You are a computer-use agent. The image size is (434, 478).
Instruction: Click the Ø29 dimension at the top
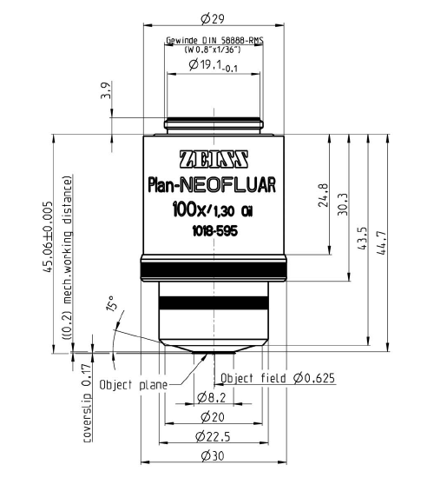[x=211, y=18]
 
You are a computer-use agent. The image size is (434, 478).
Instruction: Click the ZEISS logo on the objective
[x=214, y=160]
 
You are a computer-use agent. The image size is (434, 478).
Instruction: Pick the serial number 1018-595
[x=213, y=230]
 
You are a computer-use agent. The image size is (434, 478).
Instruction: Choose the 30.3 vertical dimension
[x=344, y=202]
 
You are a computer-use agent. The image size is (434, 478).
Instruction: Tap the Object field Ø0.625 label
[x=278, y=378]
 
